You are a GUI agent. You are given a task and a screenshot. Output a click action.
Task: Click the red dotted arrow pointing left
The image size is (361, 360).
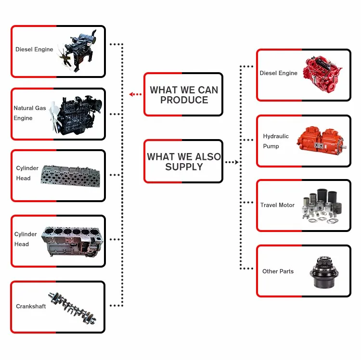pyautogui.click(x=136, y=94)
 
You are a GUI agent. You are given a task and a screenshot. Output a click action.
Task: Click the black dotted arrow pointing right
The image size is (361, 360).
pyautogui.click(x=232, y=162)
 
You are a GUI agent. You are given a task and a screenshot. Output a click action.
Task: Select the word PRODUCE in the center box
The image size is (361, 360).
pyautogui.click(x=184, y=100)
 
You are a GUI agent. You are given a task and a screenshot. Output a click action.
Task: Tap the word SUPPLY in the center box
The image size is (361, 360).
pyautogui.click(x=184, y=167)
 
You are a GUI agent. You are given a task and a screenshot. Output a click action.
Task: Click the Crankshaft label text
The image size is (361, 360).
pyautogui.click(x=31, y=306)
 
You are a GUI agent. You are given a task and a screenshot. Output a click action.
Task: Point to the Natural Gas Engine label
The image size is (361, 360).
pyautogui.click(x=29, y=113)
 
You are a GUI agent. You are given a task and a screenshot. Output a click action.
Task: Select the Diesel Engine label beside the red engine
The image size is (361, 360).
pyautogui.click(x=279, y=73)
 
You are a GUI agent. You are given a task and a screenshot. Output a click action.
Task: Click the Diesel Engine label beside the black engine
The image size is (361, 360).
pyautogui.click(x=34, y=50)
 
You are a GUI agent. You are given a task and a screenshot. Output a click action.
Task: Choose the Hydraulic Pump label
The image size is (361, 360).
pyautogui.click(x=276, y=141)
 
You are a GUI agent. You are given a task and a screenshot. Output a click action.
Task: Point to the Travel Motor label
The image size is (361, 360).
pyautogui.click(x=277, y=205)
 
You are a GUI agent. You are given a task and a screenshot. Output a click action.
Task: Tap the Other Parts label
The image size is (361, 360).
pyautogui.click(x=278, y=271)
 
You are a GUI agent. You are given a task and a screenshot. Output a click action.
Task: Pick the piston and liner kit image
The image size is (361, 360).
pyautogui.click(x=322, y=206)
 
